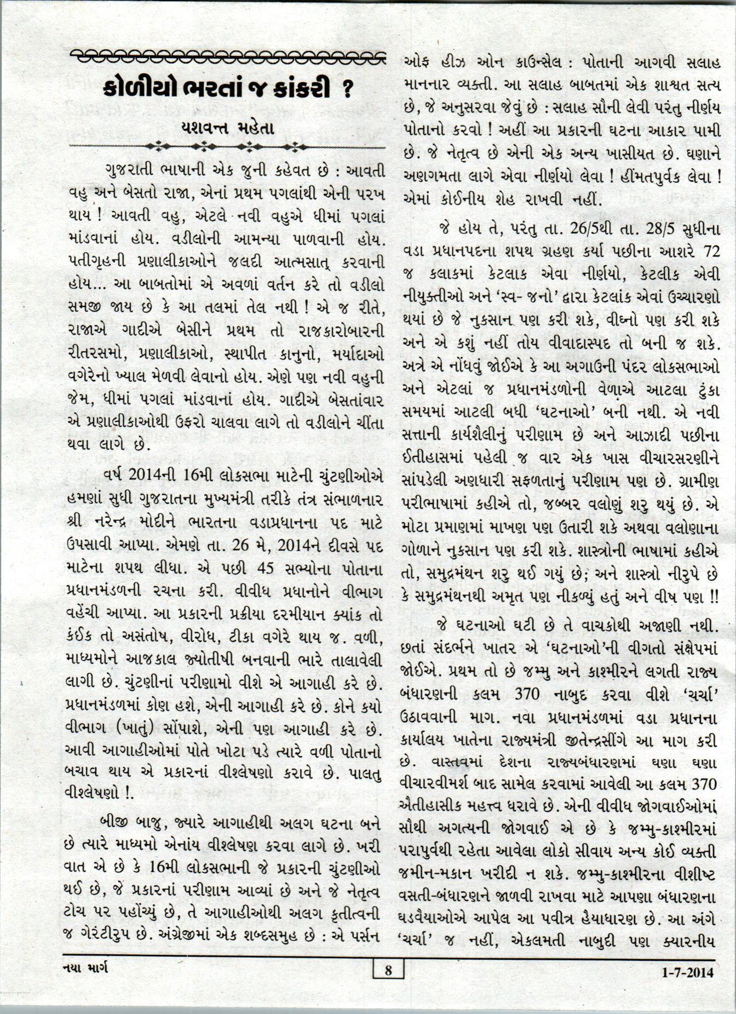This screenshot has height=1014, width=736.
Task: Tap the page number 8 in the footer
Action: [388, 971]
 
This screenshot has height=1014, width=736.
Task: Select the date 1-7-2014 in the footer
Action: [687, 972]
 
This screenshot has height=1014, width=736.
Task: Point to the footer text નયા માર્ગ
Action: [87, 969]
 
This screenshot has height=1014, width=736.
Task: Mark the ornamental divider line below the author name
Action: [228, 146]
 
